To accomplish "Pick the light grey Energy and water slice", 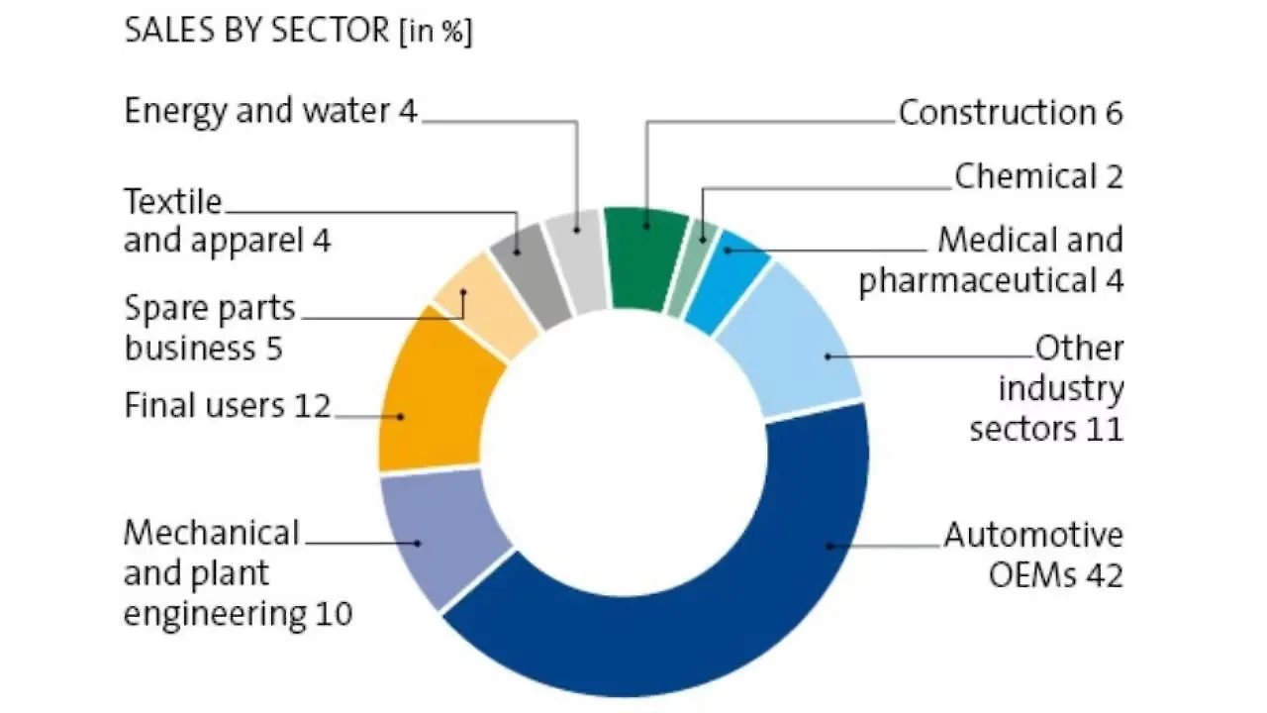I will click(x=577, y=260).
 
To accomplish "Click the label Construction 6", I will click(x=1010, y=113).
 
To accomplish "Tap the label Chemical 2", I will click(x=1038, y=176).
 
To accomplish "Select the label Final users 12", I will click(x=227, y=405).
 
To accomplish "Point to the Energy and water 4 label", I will click(x=270, y=111).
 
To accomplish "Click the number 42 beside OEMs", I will click(x=1104, y=574).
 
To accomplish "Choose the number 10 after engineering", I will click(x=333, y=614).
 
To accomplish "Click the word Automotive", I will click(x=1033, y=536).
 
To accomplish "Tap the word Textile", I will click(x=173, y=202).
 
